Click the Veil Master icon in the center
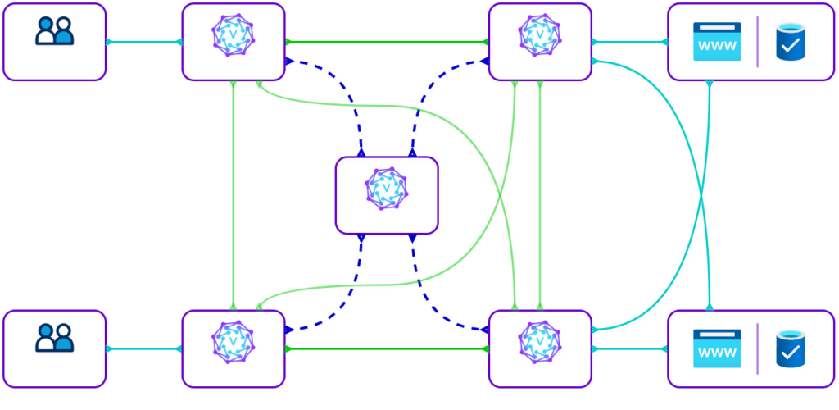[x=388, y=189]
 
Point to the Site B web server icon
[x=717, y=348]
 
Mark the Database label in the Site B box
[x=791, y=380]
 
